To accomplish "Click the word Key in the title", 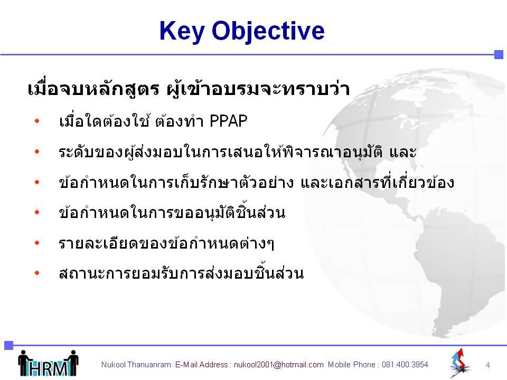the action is [182, 31].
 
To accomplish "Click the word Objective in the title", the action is [268, 31].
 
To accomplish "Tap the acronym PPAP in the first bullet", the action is [228, 121].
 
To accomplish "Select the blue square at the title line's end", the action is [499, 54].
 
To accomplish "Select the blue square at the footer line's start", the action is [8, 345].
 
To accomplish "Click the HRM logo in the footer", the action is [48, 364].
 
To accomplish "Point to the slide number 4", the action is [487, 365].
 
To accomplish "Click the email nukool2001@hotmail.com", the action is [278, 365].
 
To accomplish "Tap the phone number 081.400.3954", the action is [405, 365].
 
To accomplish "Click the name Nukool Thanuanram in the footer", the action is [136, 365].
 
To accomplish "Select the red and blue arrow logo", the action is [459, 363].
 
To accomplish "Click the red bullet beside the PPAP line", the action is [37, 121].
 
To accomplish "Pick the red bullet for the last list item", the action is [37, 273].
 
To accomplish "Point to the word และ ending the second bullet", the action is [403, 152].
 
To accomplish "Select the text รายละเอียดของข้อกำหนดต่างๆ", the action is [166, 243].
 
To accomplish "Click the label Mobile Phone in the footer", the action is [352, 365].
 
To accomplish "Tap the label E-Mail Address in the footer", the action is [202, 365].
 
